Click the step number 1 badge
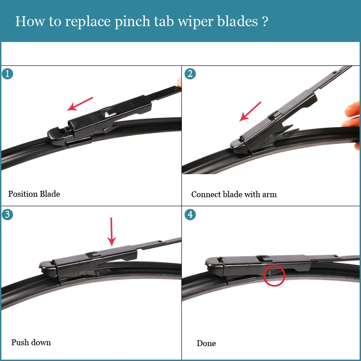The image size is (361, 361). pos(7,74)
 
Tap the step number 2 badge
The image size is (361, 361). pos(190,74)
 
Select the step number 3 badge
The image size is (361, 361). pos(7,214)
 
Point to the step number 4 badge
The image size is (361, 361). pos(190,214)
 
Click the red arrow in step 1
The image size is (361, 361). pos(80,104)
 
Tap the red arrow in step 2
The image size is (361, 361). pos(250,111)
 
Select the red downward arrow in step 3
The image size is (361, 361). pos(111,231)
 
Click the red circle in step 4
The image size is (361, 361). pos(274,275)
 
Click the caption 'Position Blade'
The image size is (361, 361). pos(34,194)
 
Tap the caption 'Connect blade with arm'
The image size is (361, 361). pos(234,194)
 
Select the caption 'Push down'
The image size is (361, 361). pos(31,342)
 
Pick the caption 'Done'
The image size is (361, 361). pos(206,343)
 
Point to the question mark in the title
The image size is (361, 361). pos(265,21)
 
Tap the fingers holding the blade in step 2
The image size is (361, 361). pos(352,120)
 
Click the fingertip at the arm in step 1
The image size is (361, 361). pos(179,83)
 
